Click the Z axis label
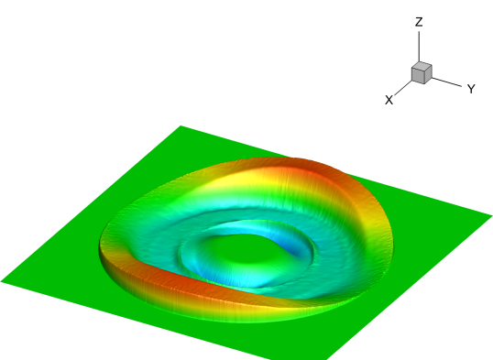click(x=419, y=22)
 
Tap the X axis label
click(x=389, y=100)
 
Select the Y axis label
click(x=471, y=89)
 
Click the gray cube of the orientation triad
click(x=422, y=73)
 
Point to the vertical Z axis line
click(x=419, y=47)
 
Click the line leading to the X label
click(x=403, y=88)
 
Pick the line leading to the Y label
click(x=446, y=82)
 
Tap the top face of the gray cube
click(x=422, y=66)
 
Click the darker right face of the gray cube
click(x=429, y=75)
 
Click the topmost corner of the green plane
click(x=181, y=125)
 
